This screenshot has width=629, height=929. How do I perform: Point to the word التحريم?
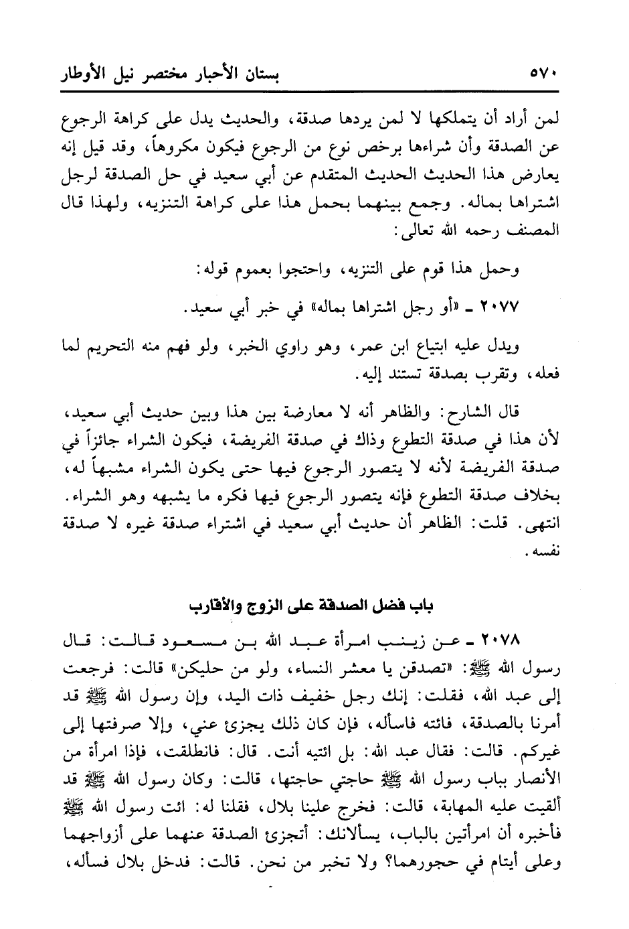tap(118, 346)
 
